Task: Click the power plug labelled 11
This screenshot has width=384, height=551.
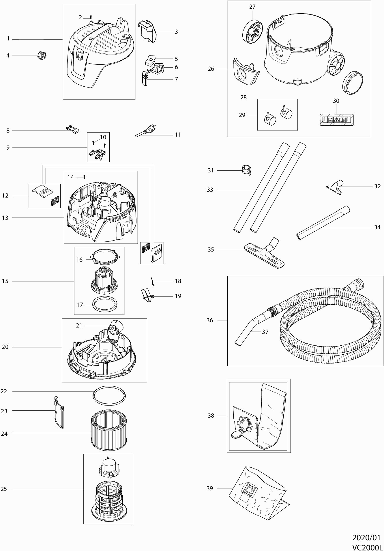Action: [147, 131]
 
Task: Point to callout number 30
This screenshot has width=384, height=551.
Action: [336, 101]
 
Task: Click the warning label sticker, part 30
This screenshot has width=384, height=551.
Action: [337, 120]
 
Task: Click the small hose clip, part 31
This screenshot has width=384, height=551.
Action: [246, 170]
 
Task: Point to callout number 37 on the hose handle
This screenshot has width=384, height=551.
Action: [265, 332]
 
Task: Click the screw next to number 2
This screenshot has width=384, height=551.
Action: [91, 17]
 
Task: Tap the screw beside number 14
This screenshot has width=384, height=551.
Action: [84, 177]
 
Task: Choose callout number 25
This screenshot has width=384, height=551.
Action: [4, 489]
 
